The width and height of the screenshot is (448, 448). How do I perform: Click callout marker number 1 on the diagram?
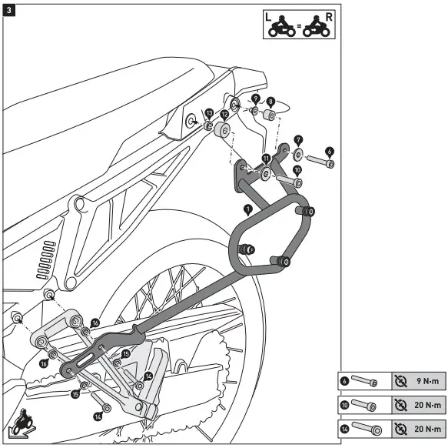247,209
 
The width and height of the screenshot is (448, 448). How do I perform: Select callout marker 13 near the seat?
208,112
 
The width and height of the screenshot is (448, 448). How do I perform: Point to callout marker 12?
224,113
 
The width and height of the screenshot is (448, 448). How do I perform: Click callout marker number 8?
271,100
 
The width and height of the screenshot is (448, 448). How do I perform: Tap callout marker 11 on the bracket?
266,159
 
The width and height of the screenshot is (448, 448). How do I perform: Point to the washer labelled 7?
298,152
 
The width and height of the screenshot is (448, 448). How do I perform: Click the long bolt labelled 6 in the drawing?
320,162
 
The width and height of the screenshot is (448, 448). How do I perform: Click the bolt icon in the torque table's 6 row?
367,381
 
